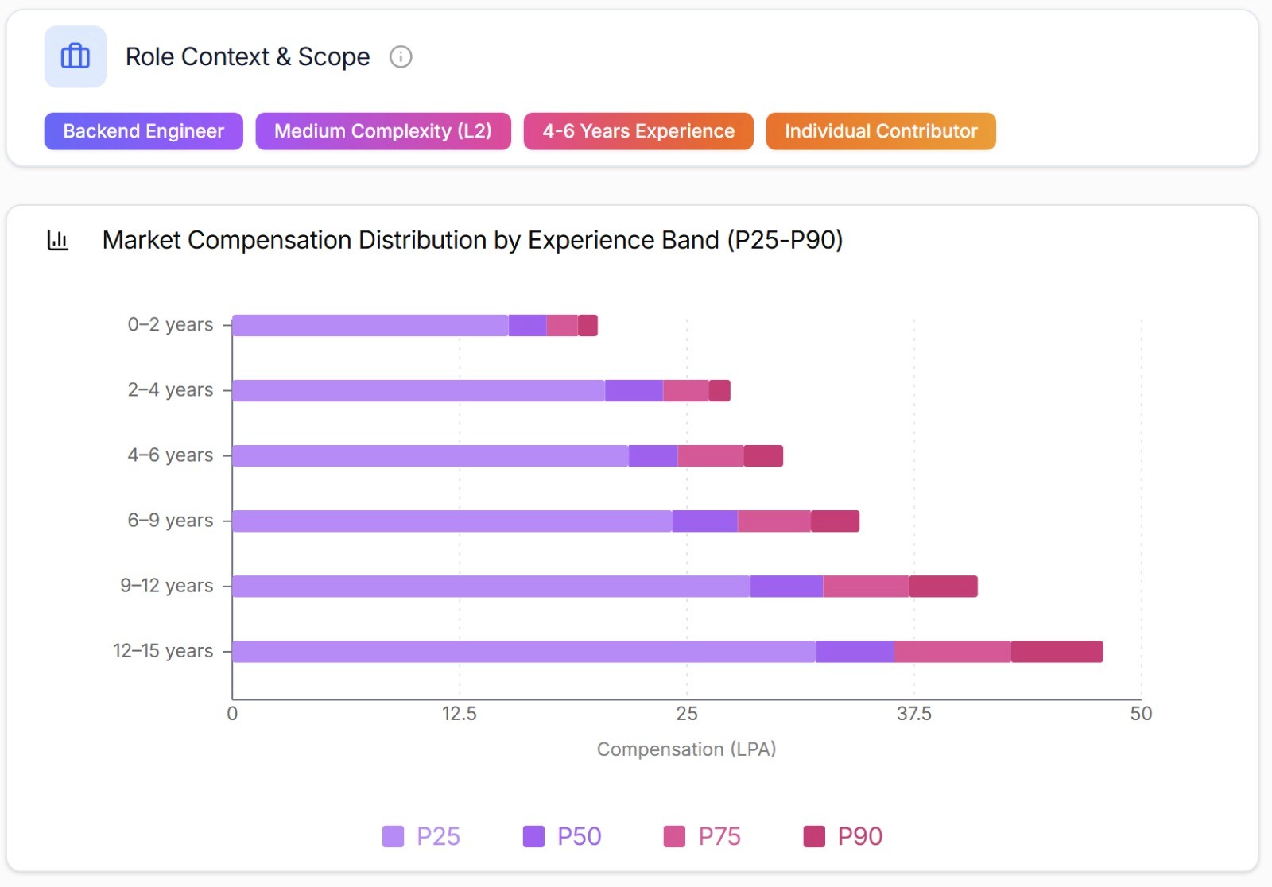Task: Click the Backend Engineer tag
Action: point(143,131)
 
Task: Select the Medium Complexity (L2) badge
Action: point(382,131)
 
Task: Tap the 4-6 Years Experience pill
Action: point(638,131)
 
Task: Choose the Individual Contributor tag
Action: point(880,131)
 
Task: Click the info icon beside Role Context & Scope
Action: point(401,57)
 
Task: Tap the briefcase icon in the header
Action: point(76,56)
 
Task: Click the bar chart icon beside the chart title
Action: point(58,240)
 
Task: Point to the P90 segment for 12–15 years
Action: point(1057,652)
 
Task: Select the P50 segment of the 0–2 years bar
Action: point(527,326)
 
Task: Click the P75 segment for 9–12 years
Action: point(866,587)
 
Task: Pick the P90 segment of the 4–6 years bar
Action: point(763,456)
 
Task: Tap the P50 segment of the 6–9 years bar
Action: point(704,521)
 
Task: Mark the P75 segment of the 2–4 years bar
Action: point(685,391)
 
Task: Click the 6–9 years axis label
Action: point(170,521)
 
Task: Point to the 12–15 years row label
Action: point(163,651)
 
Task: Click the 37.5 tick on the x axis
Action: point(913,714)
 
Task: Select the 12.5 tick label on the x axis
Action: point(459,714)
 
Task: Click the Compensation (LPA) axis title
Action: point(686,749)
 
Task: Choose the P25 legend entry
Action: point(421,837)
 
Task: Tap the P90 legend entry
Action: point(843,837)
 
